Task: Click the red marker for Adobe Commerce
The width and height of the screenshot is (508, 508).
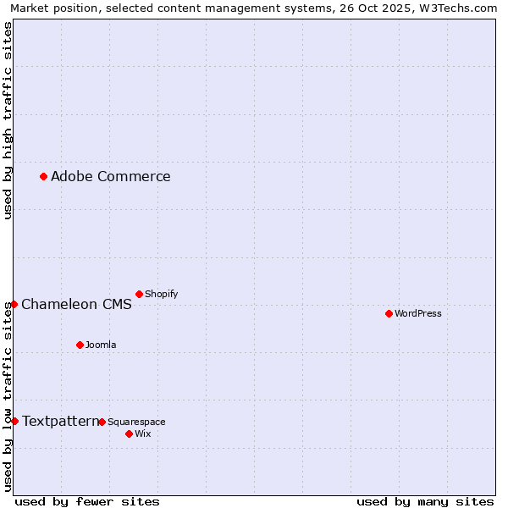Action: (43, 176)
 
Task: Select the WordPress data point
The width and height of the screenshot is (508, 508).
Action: (389, 313)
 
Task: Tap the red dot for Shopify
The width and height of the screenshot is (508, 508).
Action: (139, 294)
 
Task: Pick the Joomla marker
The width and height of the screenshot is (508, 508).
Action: (80, 345)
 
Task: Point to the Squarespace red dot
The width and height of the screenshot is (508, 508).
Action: (102, 422)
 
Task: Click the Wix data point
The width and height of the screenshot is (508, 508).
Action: (129, 433)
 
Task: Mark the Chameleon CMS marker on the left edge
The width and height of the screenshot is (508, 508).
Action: (14, 304)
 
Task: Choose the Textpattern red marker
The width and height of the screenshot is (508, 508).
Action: (14, 421)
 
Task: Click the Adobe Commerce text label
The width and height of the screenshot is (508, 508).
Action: (110, 176)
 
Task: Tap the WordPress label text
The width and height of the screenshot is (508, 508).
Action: (418, 313)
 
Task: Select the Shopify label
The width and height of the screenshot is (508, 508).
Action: (161, 294)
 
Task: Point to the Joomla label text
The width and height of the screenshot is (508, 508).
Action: (101, 345)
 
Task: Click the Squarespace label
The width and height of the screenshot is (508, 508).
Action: (136, 422)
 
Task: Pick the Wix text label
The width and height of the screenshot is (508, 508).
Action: (142, 433)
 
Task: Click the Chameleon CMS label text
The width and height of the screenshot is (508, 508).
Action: (76, 305)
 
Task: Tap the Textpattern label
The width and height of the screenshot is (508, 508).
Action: (60, 421)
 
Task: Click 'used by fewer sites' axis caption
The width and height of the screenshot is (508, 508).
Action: (87, 501)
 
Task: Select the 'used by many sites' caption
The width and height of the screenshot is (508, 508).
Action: (425, 501)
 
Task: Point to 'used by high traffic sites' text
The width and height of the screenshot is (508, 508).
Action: (8, 120)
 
